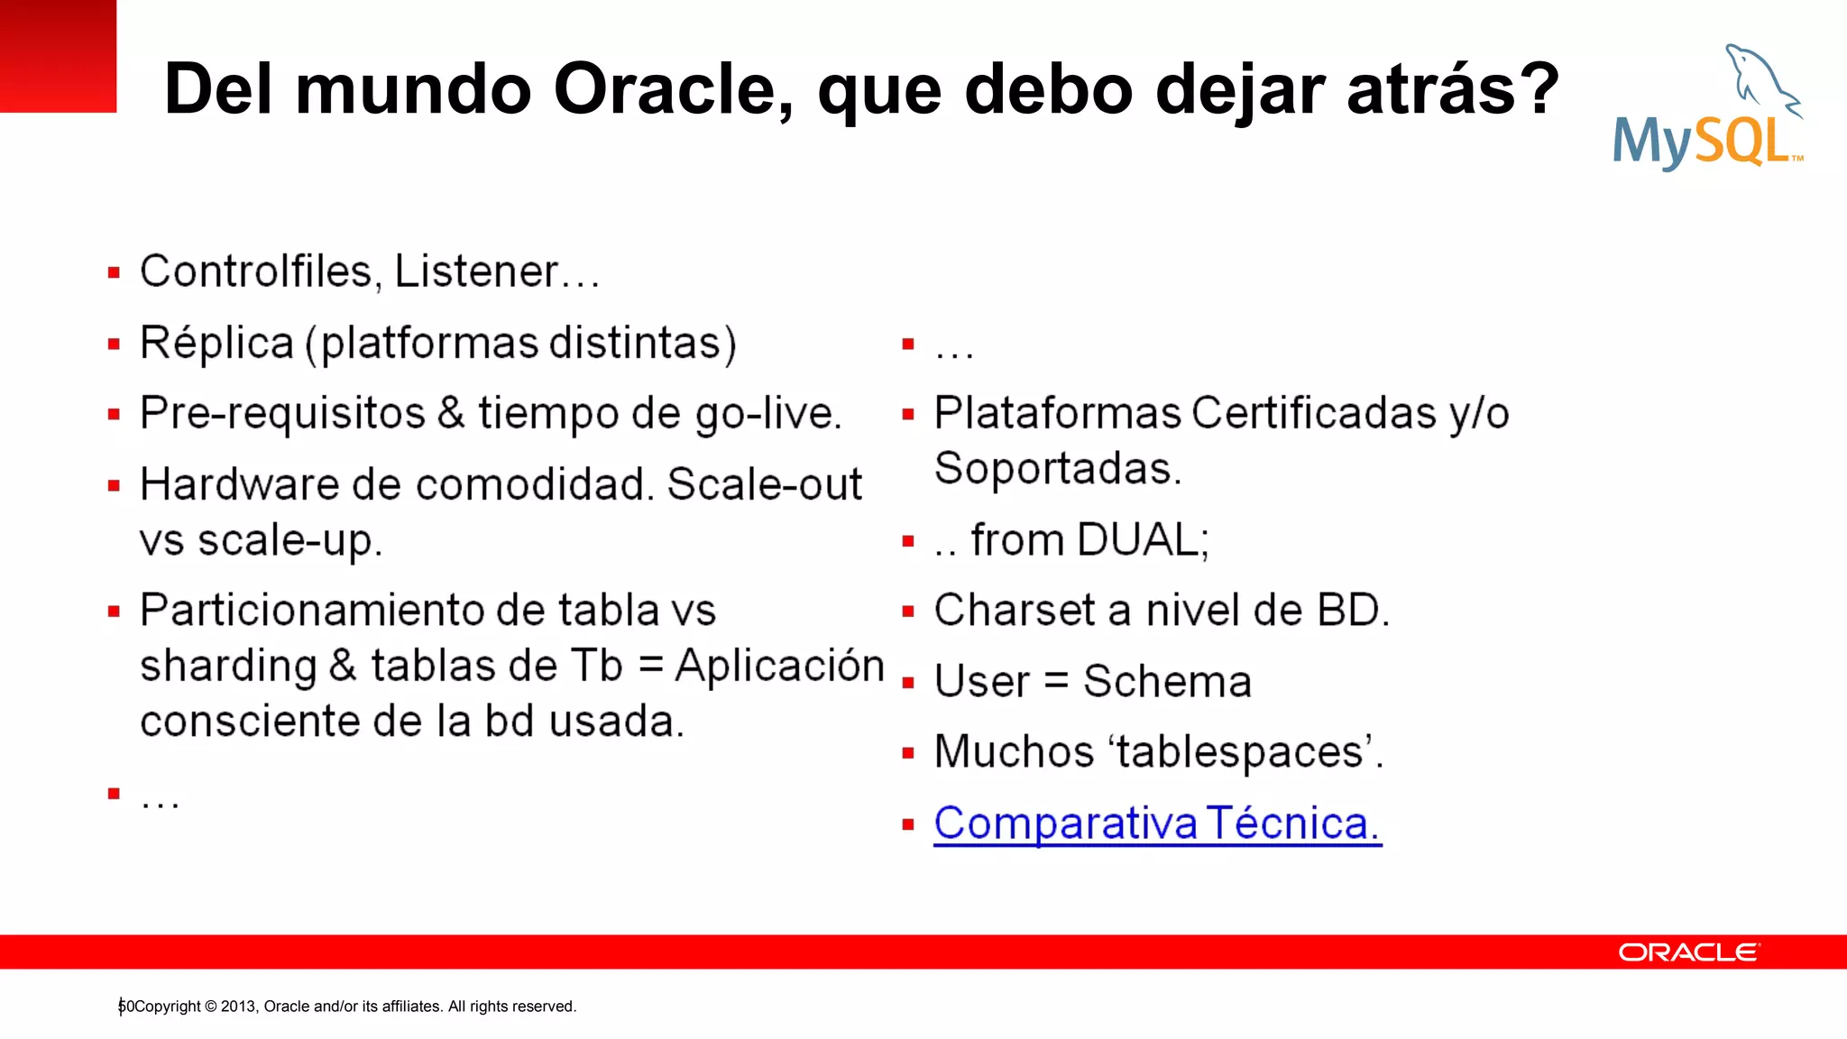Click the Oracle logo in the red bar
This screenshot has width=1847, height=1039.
point(1688,952)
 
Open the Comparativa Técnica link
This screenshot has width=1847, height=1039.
point(1157,823)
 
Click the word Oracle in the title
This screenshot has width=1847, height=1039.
point(673,89)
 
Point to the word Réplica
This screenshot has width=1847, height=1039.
point(216,344)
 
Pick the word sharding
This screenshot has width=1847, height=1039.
point(228,667)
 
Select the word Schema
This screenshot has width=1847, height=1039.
point(1167,682)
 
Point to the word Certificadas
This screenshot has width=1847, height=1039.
point(1313,414)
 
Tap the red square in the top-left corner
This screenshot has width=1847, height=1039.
point(58,56)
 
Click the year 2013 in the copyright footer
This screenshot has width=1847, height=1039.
point(237,1007)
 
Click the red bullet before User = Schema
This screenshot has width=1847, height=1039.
point(908,683)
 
